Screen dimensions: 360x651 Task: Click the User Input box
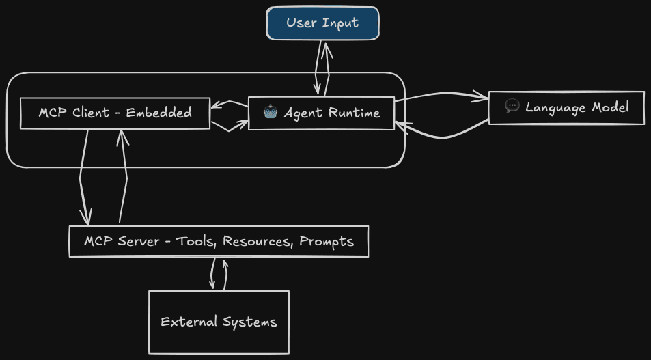[322, 23]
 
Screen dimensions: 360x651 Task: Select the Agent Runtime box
[321, 113]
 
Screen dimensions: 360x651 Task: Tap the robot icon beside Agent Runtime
[271, 112]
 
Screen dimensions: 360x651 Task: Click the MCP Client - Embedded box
[115, 113]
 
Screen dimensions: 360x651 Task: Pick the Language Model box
[566, 107]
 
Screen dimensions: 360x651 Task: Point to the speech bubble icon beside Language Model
[512, 107]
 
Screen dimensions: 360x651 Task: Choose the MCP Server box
[219, 241]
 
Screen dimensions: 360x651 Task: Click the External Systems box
[219, 322]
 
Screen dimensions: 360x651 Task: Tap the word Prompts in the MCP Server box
[327, 241]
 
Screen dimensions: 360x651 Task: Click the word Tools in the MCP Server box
[195, 241]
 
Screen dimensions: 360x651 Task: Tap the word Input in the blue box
[341, 23]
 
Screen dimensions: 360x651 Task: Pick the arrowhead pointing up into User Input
[327, 48]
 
